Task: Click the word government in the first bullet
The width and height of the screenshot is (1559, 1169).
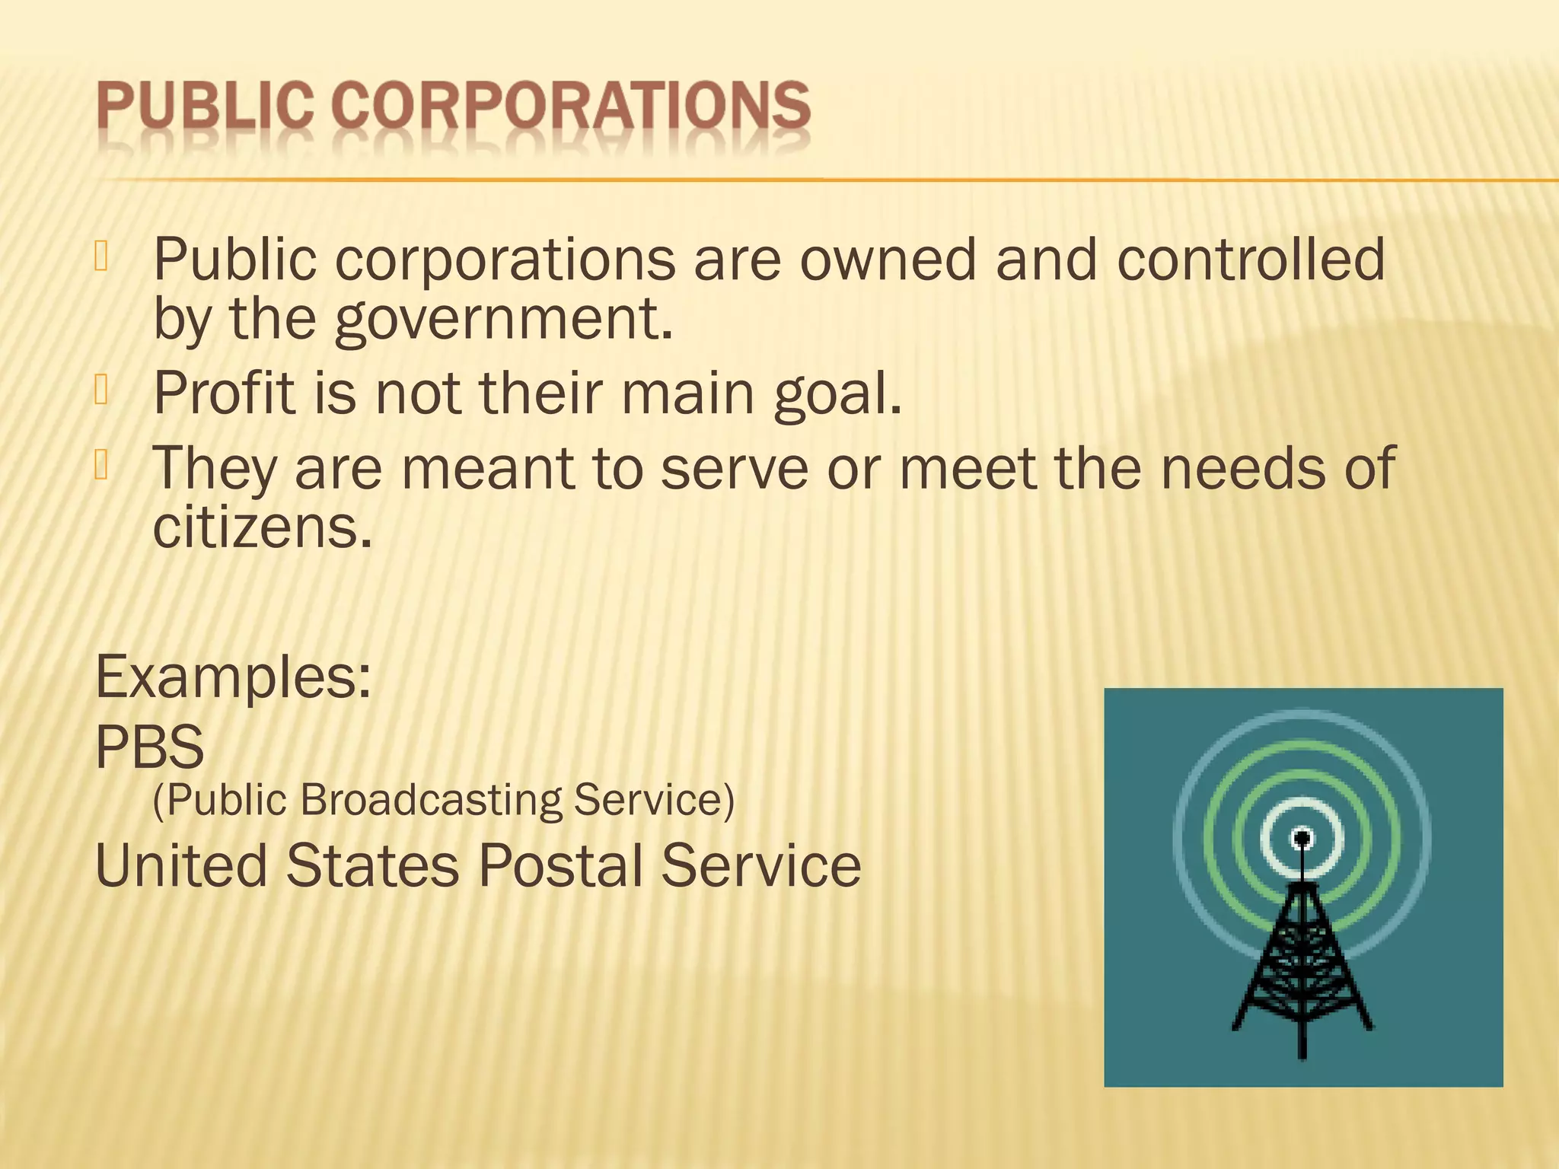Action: [x=503, y=319]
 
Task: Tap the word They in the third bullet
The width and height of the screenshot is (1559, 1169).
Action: [x=214, y=468]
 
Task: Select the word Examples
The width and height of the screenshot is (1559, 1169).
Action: [x=233, y=677]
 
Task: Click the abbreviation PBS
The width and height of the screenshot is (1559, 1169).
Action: [x=150, y=747]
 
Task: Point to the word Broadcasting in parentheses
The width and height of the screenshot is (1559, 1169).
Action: [x=431, y=800]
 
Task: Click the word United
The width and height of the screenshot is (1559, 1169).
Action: [x=181, y=865]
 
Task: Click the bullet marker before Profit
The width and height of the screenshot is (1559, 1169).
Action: [x=102, y=389]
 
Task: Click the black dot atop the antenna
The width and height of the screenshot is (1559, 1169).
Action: [x=1302, y=839]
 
